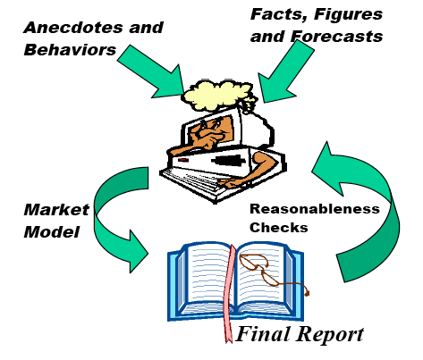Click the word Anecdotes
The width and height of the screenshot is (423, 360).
tap(72, 28)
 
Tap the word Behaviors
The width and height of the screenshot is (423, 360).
tap(70, 50)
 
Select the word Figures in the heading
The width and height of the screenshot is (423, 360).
tap(348, 14)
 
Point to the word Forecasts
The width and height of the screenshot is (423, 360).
tap(336, 37)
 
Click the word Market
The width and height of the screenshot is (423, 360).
tap(56, 210)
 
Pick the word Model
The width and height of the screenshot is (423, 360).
tap(52, 231)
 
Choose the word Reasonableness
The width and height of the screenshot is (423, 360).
tap(315, 209)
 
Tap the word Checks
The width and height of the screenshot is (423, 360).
tap(279, 228)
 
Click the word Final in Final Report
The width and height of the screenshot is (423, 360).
tap(263, 334)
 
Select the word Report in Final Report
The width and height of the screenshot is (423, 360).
tap(330, 335)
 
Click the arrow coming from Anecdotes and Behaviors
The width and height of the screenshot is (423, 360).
tap(150, 71)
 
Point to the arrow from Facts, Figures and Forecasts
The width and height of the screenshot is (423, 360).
tap(285, 71)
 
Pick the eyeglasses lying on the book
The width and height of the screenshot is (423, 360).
tap(270, 272)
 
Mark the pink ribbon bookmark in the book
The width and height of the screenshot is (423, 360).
tap(229, 293)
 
